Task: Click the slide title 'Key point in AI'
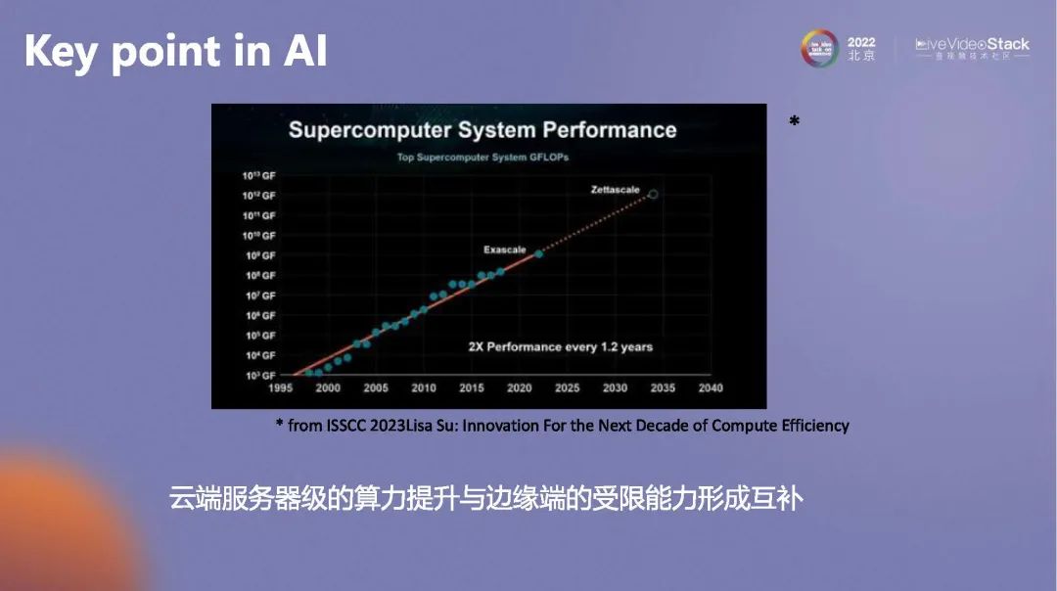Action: click(175, 51)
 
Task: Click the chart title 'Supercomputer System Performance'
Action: click(483, 129)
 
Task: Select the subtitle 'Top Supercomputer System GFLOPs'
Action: click(483, 157)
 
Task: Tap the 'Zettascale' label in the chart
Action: click(615, 189)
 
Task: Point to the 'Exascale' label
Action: click(504, 250)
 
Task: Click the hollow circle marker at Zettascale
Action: click(654, 195)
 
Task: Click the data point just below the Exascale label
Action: click(538, 254)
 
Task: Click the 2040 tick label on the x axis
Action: click(711, 388)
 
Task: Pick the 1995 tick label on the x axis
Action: click(280, 388)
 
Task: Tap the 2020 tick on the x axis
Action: click(519, 388)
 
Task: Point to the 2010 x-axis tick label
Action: click(423, 388)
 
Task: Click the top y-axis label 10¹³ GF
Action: click(259, 176)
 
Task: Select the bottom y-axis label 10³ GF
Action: click(259, 376)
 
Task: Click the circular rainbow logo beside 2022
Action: click(820, 48)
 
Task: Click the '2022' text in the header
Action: click(861, 43)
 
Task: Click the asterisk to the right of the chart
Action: click(794, 122)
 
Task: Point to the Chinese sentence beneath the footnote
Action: click(486, 499)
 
